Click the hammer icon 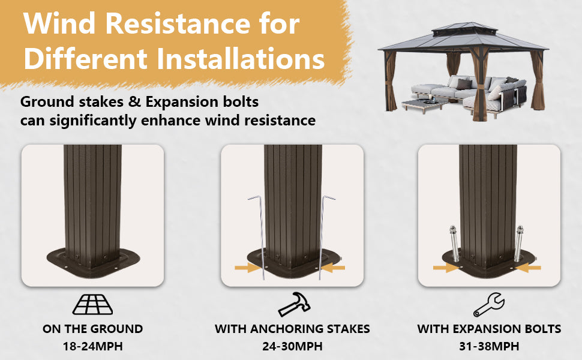pyautogui.click(x=295, y=304)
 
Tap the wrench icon pyautogui.click(x=488, y=304)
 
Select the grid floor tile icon pyautogui.click(x=93, y=304)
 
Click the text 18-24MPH pyautogui.click(x=93, y=346)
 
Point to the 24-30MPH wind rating pyautogui.click(x=292, y=346)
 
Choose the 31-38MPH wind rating pyautogui.click(x=489, y=346)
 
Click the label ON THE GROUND pyautogui.click(x=93, y=329)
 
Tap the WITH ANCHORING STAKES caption pyautogui.click(x=292, y=329)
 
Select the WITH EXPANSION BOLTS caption pyautogui.click(x=489, y=329)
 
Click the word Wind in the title pyautogui.click(x=60, y=23)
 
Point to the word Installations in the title pyautogui.click(x=241, y=59)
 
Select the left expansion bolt pyautogui.click(x=454, y=243)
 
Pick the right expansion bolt pyautogui.click(x=519, y=243)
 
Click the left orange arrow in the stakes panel pyautogui.click(x=247, y=267)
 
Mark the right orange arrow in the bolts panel pyautogui.click(x=529, y=267)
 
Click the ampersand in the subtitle pyautogui.click(x=134, y=101)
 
